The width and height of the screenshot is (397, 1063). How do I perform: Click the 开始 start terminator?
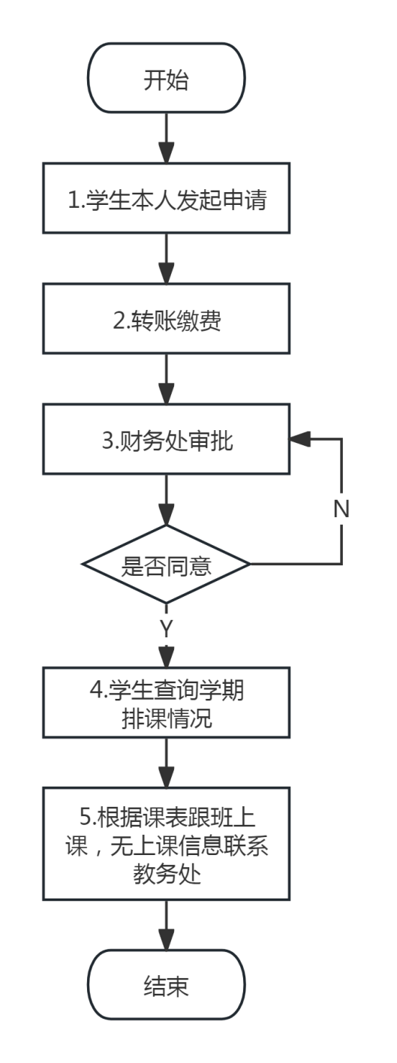coord(166,78)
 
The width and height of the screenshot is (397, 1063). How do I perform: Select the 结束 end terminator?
coord(166,985)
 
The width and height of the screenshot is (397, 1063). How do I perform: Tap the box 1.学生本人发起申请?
coord(166,198)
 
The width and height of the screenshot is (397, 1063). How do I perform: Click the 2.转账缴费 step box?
coord(166,319)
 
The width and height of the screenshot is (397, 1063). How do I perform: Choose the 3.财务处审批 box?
coord(166,439)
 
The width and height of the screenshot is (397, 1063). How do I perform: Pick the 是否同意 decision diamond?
coord(166,565)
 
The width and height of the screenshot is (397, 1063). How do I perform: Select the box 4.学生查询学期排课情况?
coord(166,703)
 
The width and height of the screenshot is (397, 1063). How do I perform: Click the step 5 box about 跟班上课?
coord(166,844)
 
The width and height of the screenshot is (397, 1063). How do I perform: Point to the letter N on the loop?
coord(341,509)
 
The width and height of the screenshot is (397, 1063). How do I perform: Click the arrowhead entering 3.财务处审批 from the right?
coord(299,439)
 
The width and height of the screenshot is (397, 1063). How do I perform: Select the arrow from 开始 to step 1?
coord(166,138)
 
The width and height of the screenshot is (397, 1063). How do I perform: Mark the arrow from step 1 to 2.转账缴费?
coord(166,259)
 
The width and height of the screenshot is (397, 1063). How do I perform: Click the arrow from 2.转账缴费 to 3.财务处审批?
coord(166,379)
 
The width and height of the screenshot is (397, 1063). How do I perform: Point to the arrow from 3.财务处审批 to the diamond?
coord(166,500)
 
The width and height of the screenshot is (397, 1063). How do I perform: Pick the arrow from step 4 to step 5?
coord(166,763)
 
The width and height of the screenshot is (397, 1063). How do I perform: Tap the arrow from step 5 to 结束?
coord(166,925)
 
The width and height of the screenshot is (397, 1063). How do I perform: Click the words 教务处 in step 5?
coord(167,874)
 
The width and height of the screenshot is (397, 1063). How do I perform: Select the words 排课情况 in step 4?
coord(167,718)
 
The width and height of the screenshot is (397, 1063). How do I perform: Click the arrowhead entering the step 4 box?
coord(166,658)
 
